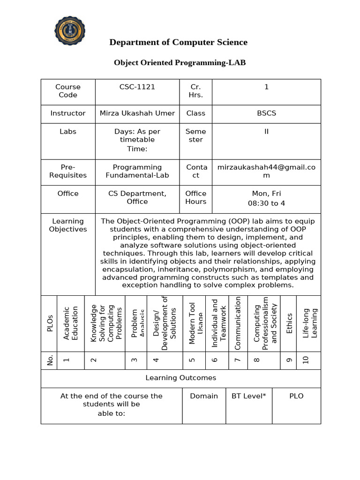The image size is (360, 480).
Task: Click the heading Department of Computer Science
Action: (x=178, y=42)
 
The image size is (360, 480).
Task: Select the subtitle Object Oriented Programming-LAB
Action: (x=180, y=62)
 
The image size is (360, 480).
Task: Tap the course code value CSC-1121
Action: (x=137, y=87)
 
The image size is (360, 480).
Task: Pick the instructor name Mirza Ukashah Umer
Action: (x=137, y=113)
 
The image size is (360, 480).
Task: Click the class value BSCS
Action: (x=266, y=113)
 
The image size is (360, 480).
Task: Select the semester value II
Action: (x=266, y=131)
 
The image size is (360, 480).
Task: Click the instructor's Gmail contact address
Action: (x=266, y=171)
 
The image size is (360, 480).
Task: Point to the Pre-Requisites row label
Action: (x=68, y=171)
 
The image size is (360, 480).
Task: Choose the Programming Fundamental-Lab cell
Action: (x=137, y=171)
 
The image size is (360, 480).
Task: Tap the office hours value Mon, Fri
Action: (x=266, y=193)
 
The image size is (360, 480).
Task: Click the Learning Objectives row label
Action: (x=68, y=225)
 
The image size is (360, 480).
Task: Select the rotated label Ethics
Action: (x=289, y=323)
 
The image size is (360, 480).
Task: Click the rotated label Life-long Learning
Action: (x=310, y=323)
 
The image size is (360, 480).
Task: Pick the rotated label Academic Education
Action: (x=70, y=323)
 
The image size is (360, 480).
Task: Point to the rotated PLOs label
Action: (x=50, y=323)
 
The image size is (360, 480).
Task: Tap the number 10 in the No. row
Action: (x=306, y=360)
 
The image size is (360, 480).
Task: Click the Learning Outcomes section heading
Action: (x=180, y=378)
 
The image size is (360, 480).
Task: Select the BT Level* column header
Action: (x=248, y=396)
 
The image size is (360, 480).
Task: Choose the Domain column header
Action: (x=204, y=396)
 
